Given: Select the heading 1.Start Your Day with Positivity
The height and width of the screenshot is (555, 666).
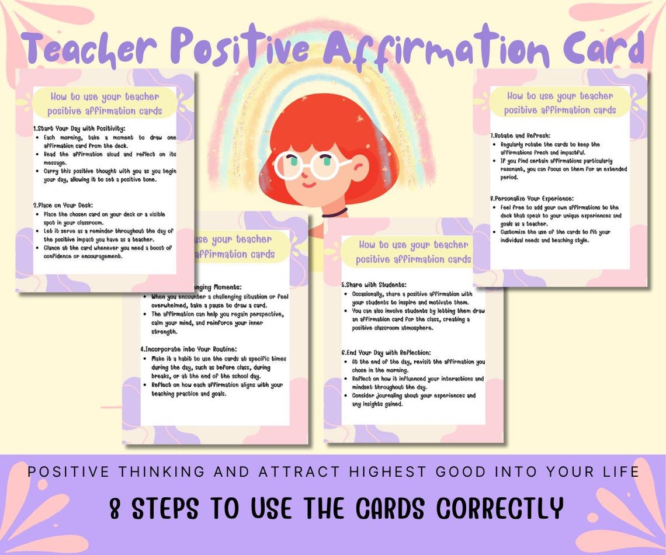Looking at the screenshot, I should (80, 129).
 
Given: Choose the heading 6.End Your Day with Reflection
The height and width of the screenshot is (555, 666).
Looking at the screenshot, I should (387, 352).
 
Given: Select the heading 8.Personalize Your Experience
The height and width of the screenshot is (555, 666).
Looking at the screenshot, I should (532, 198).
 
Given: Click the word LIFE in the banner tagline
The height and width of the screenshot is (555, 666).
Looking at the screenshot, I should (620, 470).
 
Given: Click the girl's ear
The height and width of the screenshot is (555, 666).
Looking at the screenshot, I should (358, 172).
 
